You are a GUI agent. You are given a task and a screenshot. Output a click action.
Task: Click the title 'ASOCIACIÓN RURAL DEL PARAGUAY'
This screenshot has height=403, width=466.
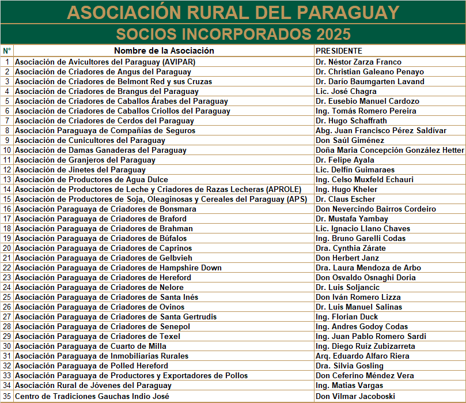[x=233, y=12]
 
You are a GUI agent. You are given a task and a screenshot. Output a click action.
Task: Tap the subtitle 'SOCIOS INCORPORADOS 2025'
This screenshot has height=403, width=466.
[x=233, y=33]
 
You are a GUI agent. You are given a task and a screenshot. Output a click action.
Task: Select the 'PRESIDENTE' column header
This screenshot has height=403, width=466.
[x=339, y=51]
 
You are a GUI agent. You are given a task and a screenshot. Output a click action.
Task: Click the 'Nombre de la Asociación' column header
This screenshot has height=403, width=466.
[x=164, y=51]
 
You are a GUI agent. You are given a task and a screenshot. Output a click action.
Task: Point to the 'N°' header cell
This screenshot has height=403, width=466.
[x=7, y=51]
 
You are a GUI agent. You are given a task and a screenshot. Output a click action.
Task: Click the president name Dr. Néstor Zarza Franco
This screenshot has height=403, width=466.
[x=358, y=62]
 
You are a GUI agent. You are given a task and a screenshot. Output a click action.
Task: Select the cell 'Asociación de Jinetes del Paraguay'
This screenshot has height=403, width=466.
[x=80, y=170]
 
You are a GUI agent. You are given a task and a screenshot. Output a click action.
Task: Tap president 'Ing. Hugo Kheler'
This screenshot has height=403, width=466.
[x=346, y=189]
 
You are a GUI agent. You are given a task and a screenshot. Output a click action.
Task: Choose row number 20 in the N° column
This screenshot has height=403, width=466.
[x=7, y=248]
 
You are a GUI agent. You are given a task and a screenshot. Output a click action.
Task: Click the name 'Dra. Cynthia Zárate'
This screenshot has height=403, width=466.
[x=350, y=248]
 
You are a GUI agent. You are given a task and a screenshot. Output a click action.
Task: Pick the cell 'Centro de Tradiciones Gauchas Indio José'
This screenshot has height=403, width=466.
[x=92, y=397]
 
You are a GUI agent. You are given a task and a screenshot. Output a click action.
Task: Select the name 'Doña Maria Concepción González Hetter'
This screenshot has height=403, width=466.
[x=389, y=150]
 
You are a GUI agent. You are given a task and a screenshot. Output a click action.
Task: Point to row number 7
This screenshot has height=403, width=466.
[x=7, y=120]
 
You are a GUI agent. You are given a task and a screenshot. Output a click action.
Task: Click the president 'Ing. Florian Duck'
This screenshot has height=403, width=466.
[x=347, y=317]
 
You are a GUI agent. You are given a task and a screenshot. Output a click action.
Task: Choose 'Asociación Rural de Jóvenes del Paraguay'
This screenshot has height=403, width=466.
[x=93, y=385]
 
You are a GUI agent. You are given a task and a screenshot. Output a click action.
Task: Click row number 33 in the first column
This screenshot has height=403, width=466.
[x=7, y=375]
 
